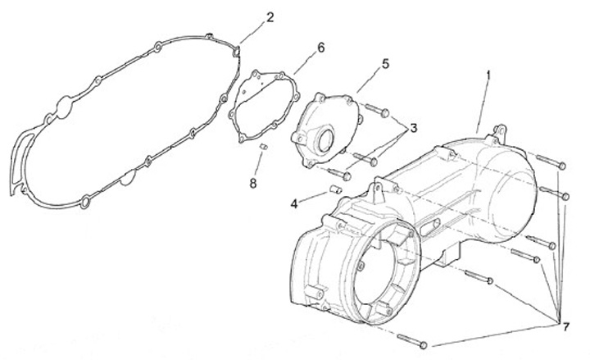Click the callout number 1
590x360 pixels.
[488, 75]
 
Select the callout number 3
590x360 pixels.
[415, 127]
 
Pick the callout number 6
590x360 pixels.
[320, 47]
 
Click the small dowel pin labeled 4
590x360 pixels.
[334, 189]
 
